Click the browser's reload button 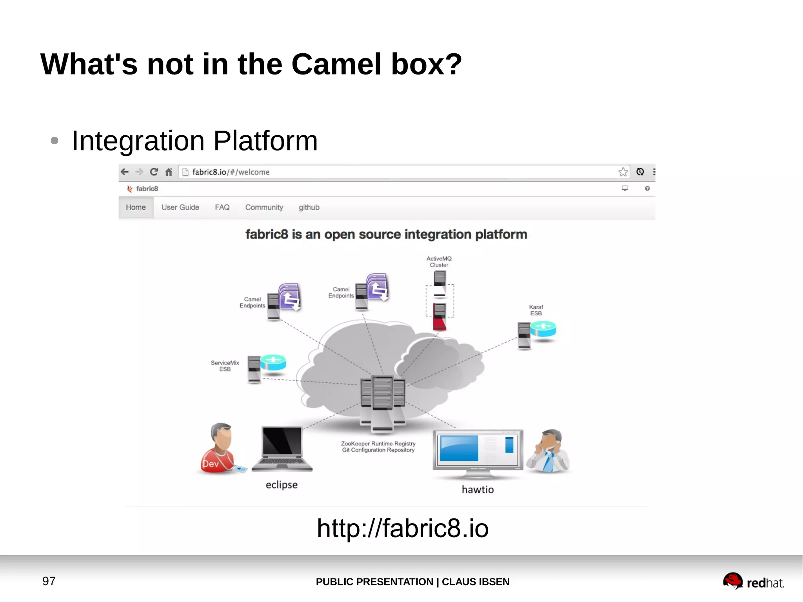[x=154, y=172]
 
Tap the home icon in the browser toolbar [x=169, y=172]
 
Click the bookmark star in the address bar [x=623, y=172]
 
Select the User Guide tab [x=180, y=207]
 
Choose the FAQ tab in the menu [x=222, y=207]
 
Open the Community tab [x=264, y=207]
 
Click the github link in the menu [x=309, y=207]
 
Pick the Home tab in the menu [x=136, y=207]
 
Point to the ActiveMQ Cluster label [x=439, y=262]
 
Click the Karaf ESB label [x=536, y=310]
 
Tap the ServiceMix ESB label [x=225, y=366]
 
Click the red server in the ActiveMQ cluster [x=440, y=317]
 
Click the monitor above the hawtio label [x=478, y=453]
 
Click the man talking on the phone [x=549, y=451]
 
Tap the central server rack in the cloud [x=383, y=402]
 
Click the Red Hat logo [x=753, y=581]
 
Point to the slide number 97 [x=49, y=581]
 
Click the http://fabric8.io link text [x=403, y=528]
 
